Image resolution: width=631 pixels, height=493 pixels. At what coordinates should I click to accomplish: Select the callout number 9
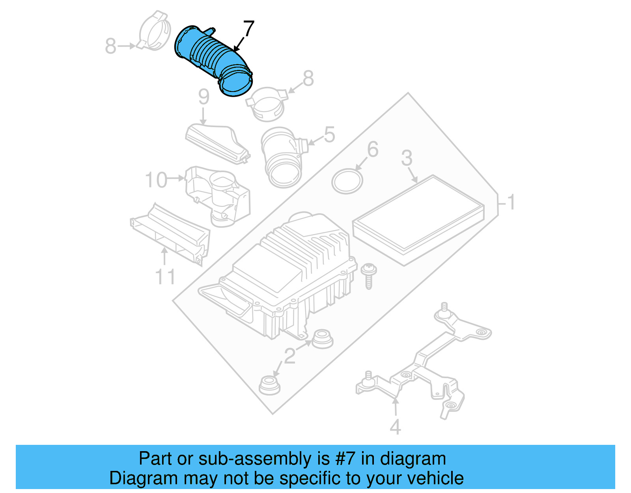click(x=203, y=97)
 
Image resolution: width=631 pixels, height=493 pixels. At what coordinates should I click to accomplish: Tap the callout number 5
click(x=329, y=135)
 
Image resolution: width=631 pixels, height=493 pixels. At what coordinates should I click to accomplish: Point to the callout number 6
click(x=373, y=149)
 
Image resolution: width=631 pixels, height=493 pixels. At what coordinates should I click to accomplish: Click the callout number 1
click(x=512, y=202)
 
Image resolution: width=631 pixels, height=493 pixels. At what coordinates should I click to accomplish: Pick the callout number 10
click(x=156, y=180)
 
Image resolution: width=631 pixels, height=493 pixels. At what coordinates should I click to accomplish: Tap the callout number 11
click(x=165, y=276)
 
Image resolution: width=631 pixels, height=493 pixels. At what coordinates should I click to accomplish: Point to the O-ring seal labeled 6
click(x=347, y=181)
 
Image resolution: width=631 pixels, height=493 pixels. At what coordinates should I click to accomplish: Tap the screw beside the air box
click(x=368, y=276)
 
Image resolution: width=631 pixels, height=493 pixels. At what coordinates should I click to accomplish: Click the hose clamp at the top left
click(x=153, y=31)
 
